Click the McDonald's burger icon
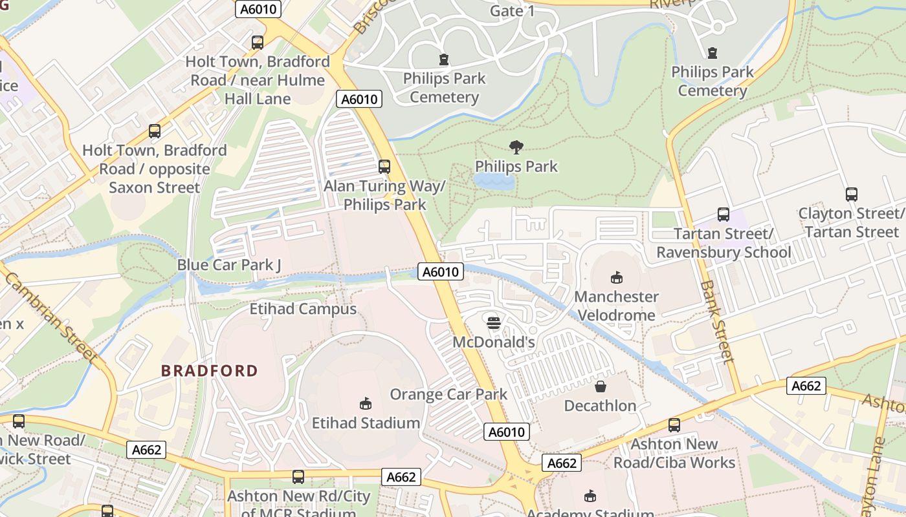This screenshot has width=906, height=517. pos(494,322)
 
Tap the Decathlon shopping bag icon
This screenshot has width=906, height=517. pos(601,386)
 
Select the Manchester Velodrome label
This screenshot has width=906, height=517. pos(617,306)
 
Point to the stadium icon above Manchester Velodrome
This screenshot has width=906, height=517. pos(617,278)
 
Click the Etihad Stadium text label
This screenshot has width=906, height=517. pos(366,423)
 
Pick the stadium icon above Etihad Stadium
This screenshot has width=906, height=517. pos(366,403)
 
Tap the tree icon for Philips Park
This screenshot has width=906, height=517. pos(516,147)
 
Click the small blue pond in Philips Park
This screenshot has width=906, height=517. pos(494,182)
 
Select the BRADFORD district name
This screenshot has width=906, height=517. pos(210,371)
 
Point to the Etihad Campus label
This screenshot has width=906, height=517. pos(303,309)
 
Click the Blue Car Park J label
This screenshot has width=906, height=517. pos(229,265)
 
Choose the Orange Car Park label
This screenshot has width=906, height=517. pos(448,394)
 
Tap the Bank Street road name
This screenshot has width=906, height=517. pos(718,321)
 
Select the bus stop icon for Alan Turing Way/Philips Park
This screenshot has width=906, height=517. pos(384,166)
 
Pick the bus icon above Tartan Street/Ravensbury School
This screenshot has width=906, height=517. pos(724,215)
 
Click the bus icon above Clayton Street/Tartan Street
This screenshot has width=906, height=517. pos(852,194)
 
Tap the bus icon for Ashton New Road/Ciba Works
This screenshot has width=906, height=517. pos(674,425)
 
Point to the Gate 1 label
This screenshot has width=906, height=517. pos(513,11)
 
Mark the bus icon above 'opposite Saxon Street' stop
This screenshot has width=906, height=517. pos(154,131)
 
